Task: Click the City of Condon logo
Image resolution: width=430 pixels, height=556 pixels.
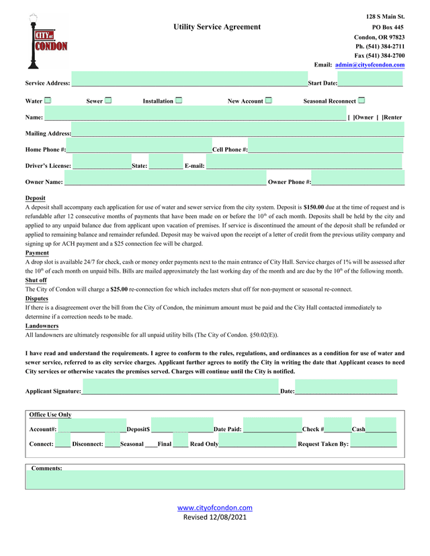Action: pyautogui.click(x=46, y=42)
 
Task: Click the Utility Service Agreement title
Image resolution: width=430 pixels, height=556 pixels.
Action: pyautogui.click(x=216, y=27)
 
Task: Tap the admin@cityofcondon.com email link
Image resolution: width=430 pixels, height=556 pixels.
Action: pyautogui.click(x=370, y=64)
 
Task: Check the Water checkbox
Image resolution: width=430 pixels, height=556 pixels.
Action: pyautogui.click(x=48, y=101)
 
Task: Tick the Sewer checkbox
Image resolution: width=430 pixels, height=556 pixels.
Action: pyautogui.click(x=108, y=101)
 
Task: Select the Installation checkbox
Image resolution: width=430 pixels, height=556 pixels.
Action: pyautogui.click(x=179, y=101)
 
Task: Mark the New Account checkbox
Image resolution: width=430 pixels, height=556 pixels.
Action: pyautogui.click(x=268, y=101)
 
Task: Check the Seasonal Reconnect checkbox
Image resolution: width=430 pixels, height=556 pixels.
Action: pyautogui.click(x=361, y=101)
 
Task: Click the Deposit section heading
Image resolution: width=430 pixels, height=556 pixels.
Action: pyautogui.click(x=36, y=198)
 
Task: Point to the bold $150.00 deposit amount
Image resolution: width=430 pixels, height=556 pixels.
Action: pyautogui.click(x=314, y=208)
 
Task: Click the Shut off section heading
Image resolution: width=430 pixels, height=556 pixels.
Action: pyautogui.click(x=36, y=280)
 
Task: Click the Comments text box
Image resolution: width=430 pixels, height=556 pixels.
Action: pyautogui.click(x=215, y=479)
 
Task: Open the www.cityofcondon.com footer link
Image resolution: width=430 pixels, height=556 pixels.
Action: pyautogui.click(x=215, y=508)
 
